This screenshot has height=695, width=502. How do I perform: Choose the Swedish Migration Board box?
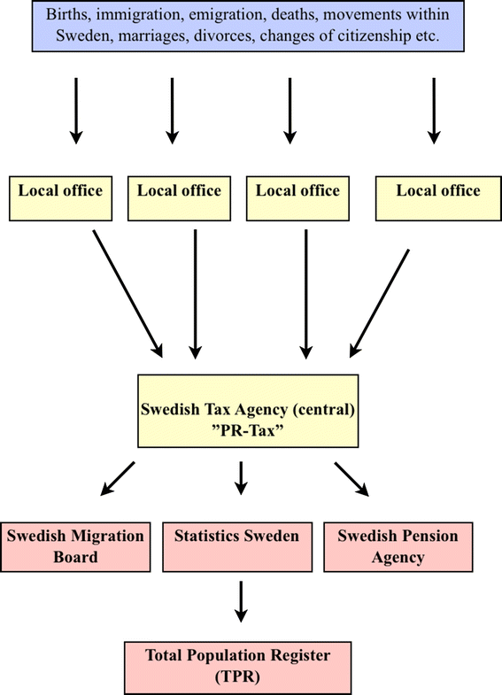[x=74, y=546]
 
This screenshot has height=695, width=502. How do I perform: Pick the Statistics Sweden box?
[x=236, y=545]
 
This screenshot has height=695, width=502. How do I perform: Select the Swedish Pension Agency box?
[x=398, y=546]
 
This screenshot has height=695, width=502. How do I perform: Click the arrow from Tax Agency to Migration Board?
[x=117, y=478]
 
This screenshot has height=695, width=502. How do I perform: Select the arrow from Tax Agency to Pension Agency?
[x=351, y=478]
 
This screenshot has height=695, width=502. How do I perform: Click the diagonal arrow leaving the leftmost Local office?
[x=127, y=292]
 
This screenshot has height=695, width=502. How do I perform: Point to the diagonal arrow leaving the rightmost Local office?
[x=381, y=301]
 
